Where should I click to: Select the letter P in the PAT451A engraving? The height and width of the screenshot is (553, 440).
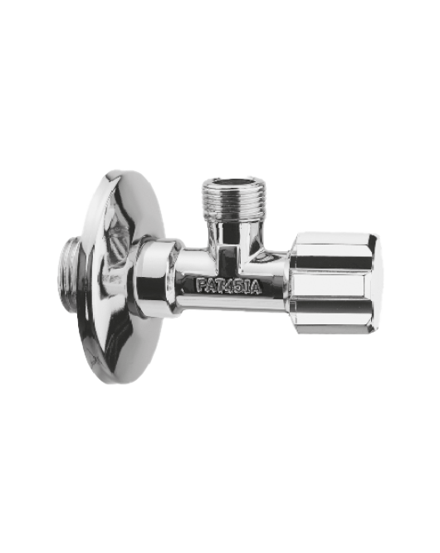tap(200, 284)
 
